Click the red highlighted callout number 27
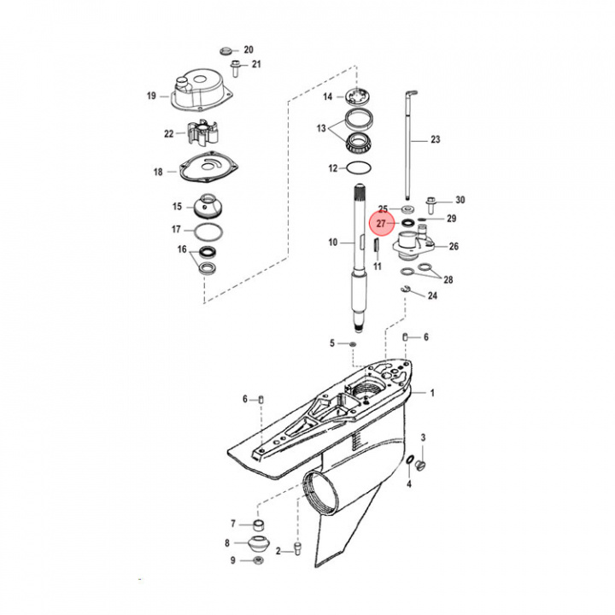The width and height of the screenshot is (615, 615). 382,225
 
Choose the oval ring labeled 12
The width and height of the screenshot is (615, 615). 361,169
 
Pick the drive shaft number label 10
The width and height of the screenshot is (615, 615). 333,243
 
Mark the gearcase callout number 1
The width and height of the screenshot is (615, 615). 432,393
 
